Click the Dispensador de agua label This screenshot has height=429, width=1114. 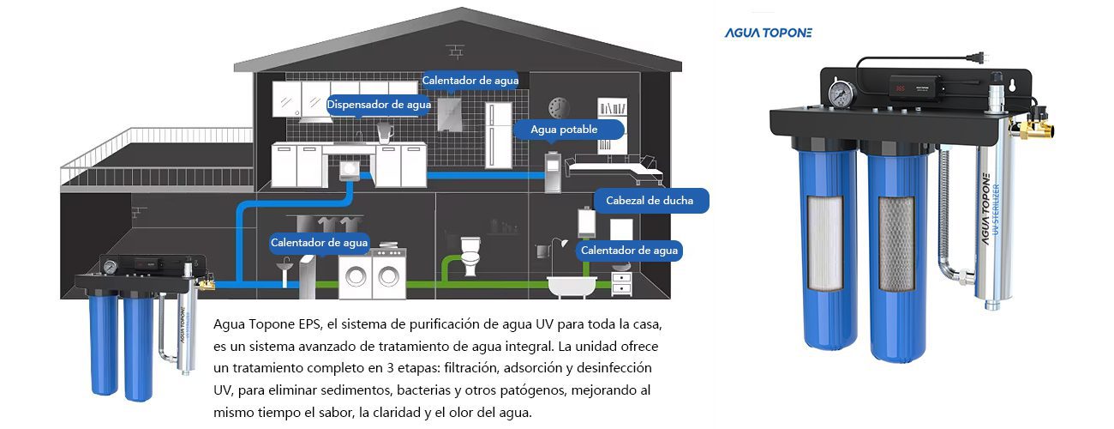tap(379, 105)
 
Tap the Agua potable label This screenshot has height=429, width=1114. tap(564, 129)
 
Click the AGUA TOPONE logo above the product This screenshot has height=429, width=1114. tap(769, 33)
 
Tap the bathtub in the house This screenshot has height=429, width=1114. tap(569, 284)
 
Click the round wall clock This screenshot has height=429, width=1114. tap(558, 106)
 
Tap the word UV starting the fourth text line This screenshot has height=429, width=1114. tap(224, 390)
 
